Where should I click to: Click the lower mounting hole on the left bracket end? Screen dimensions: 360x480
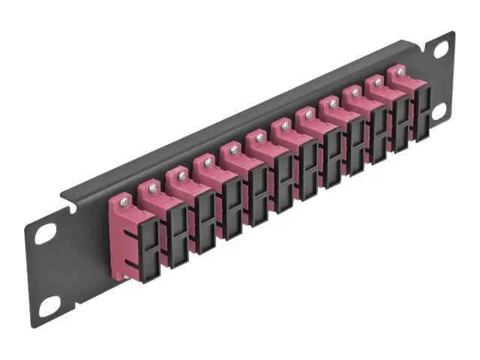(x=49, y=304)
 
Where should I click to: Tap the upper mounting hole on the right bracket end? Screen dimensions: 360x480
(x=442, y=49)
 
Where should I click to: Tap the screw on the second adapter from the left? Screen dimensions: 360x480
(x=153, y=187)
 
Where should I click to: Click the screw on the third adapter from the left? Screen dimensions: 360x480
(x=181, y=175)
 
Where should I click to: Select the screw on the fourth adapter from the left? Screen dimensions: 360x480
(x=207, y=162)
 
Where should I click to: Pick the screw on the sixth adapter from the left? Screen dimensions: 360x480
(x=258, y=138)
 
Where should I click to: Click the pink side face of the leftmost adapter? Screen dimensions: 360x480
(x=120, y=240)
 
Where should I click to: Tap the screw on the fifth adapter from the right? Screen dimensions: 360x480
(x=307, y=115)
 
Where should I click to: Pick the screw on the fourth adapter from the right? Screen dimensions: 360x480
(x=331, y=104)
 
